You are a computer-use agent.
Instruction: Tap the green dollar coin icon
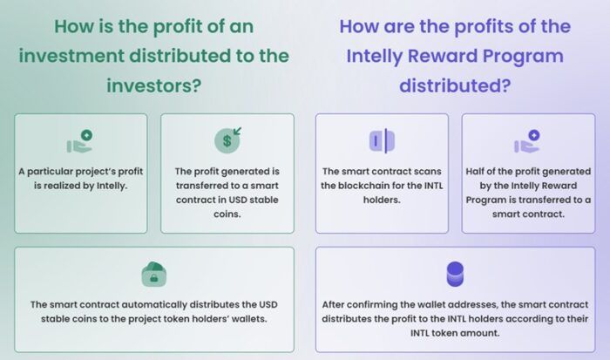pos(227,139)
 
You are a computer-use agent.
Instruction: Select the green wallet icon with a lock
pos(153,274)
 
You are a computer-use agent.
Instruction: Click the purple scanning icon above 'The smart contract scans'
pos(382,140)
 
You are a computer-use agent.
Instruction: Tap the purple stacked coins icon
pos(454,274)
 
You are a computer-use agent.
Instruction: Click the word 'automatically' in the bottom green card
pos(141,304)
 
